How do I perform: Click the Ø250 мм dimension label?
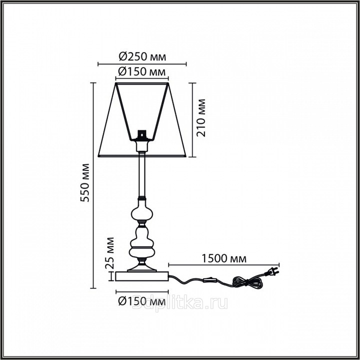point(142,56)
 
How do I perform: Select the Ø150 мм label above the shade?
point(142,71)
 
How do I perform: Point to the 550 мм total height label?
point(85,182)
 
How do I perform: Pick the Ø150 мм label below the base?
point(142,301)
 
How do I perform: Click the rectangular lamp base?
point(142,276)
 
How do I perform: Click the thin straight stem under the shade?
point(142,175)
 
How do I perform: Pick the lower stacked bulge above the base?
point(142,242)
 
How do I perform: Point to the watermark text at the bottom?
point(180,303)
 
